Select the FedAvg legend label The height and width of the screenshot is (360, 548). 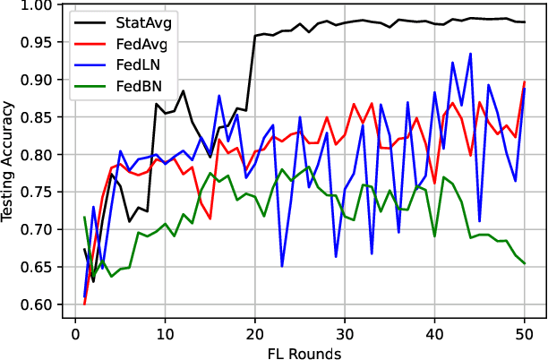(143, 44)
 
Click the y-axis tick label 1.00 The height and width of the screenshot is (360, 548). (39, 5)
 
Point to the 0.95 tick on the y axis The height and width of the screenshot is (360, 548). (39, 42)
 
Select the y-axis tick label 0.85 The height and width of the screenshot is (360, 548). (39, 117)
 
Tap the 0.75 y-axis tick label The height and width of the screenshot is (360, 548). (39, 193)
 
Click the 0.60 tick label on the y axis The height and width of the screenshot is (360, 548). (39, 304)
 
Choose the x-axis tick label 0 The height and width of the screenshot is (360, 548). (75, 334)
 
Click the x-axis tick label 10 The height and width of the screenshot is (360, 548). (165, 334)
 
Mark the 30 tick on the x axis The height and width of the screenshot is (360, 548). (345, 334)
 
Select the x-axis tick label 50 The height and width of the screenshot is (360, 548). (524, 334)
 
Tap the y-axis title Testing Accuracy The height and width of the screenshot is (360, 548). (10, 155)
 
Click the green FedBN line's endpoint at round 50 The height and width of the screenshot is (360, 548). (524, 263)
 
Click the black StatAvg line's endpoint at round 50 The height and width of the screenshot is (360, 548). (524, 22)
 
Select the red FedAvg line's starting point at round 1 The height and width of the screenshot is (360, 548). (84, 304)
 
